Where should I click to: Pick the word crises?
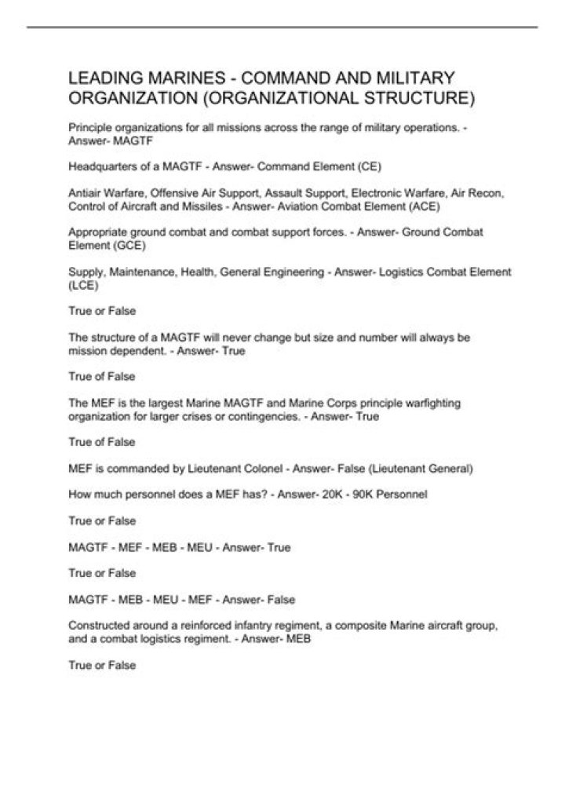pos(182,416)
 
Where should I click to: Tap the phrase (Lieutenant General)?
pos(428,469)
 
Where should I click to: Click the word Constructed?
pos(100,626)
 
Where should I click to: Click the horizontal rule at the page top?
pos(282,27)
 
